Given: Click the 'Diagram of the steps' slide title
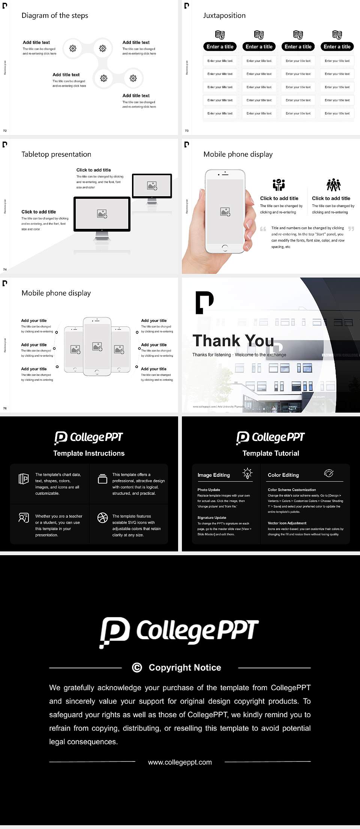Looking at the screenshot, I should (55, 15).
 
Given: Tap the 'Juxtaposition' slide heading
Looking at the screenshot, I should (224, 15).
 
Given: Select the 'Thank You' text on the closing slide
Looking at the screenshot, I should (233, 341).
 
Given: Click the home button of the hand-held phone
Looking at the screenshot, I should (225, 248).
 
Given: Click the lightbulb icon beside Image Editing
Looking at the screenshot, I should (247, 473).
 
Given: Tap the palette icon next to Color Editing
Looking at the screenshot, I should (328, 473).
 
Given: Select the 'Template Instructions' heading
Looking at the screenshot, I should (89, 453).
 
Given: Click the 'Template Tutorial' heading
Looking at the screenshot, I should (271, 453).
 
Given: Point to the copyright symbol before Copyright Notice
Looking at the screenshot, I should (137, 667).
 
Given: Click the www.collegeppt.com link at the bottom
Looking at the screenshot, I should (180, 762).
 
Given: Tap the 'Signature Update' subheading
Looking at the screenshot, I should (212, 518).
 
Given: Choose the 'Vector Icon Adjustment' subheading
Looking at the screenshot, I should (287, 523).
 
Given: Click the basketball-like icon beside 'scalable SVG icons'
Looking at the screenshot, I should (102, 518).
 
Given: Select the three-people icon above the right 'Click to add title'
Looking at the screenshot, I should (333, 185).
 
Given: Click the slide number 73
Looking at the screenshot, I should (187, 131).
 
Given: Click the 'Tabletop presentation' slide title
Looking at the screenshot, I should (56, 154).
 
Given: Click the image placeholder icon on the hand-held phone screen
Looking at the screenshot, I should (225, 212).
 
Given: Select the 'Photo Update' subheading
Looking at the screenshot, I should (209, 490).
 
